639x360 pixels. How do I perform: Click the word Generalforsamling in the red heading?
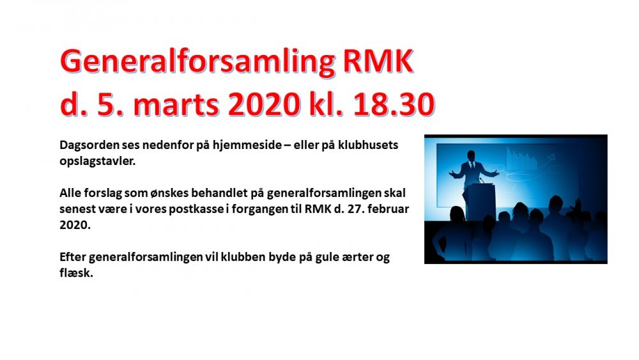[x=197, y=62]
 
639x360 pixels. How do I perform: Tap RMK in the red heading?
[x=378, y=61]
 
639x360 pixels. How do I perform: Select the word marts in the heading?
[x=176, y=104]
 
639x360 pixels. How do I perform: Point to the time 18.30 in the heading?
[x=394, y=104]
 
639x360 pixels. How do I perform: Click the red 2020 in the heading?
[x=264, y=104]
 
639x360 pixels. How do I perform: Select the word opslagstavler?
[x=97, y=161]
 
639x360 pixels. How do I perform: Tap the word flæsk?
[x=76, y=273]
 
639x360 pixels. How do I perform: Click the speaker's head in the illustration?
[x=471, y=156]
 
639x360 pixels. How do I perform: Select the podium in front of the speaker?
[x=481, y=202]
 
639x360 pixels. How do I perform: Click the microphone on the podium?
[x=481, y=180]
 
